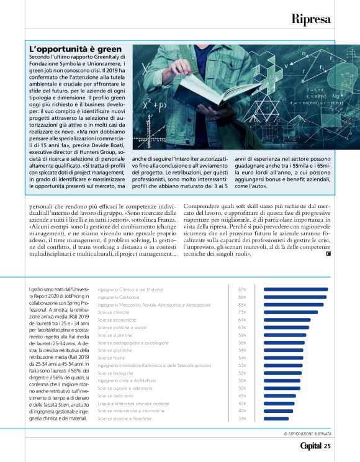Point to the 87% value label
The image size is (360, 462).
click(242, 289)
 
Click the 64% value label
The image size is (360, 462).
click(242, 320)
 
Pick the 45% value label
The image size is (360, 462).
click(242, 396)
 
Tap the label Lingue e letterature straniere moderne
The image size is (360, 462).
click(134, 403)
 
